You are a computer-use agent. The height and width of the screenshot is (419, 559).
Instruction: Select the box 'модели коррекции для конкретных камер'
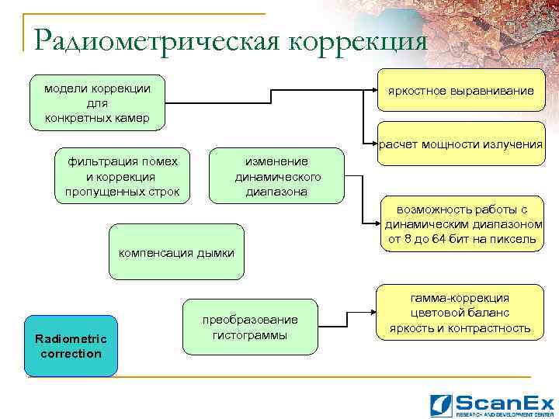tap(98, 102)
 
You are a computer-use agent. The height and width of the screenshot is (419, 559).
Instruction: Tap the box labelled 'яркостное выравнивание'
tap(461, 92)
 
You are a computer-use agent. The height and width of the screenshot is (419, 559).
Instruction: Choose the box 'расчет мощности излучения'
tap(461, 144)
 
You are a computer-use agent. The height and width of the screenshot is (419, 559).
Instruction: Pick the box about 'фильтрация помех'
tap(123, 175)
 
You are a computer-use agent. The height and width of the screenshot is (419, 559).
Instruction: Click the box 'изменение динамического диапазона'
tap(277, 175)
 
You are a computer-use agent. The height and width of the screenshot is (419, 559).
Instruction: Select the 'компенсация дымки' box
tap(176, 252)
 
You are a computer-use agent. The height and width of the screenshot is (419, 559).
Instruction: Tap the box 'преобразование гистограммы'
tap(250, 327)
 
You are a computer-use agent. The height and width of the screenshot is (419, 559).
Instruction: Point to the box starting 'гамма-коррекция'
tap(461, 313)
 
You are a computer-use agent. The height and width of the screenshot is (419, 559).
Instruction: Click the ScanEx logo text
tap(505, 402)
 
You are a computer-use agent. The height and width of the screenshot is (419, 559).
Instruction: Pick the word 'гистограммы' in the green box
tap(250, 335)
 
